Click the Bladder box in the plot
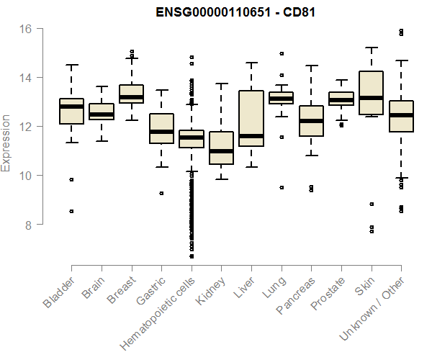click(71, 112)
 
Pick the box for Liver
click(251, 118)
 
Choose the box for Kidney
click(221, 148)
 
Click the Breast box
click(131, 94)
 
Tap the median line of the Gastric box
click(161, 132)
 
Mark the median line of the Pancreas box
click(311, 121)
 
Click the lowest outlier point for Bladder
click(71, 211)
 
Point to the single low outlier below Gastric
click(161, 193)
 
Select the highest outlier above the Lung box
click(282, 53)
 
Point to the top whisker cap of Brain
click(102, 87)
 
